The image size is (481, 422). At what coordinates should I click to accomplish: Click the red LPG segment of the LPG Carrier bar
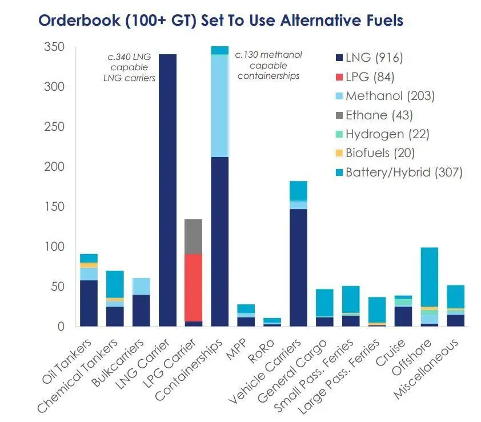[x=194, y=288]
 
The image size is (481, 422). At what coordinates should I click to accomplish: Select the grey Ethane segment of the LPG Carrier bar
[x=194, y=236]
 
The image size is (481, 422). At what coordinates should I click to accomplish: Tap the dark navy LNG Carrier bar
[x=167, y=190]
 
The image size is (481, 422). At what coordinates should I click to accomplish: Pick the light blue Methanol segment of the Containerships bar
[x=219, y=106]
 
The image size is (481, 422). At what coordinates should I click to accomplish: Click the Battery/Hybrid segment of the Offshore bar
[x=430, y=277]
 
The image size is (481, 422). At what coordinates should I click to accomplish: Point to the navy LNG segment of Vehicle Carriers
[x=298, y=267]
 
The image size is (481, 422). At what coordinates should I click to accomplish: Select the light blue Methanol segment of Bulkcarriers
[x=142, y=287]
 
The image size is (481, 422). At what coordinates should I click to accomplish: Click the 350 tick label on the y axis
[x=54, y=47]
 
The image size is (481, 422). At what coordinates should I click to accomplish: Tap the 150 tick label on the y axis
[x=55, y=207]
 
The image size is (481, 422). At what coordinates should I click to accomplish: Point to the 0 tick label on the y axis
[x=61, y=327]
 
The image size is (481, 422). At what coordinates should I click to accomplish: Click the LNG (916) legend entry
[x=370, y=58]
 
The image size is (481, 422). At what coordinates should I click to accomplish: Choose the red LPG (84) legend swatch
[x=339, y=77]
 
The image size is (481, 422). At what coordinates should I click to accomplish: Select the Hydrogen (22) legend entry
[x=383, y=134]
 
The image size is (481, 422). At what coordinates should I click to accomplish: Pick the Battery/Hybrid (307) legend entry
[x=399, y=172]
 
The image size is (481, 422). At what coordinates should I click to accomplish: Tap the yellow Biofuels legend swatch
[x=339, y=153]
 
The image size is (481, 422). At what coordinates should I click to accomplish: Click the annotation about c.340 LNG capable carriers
[x=129, y=67]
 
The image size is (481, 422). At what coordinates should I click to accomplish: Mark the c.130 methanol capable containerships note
[x=268, y=65]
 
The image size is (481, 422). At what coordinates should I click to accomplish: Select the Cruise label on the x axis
[x=390, y=353]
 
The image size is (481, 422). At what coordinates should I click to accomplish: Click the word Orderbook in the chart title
[x=79, y=21]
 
